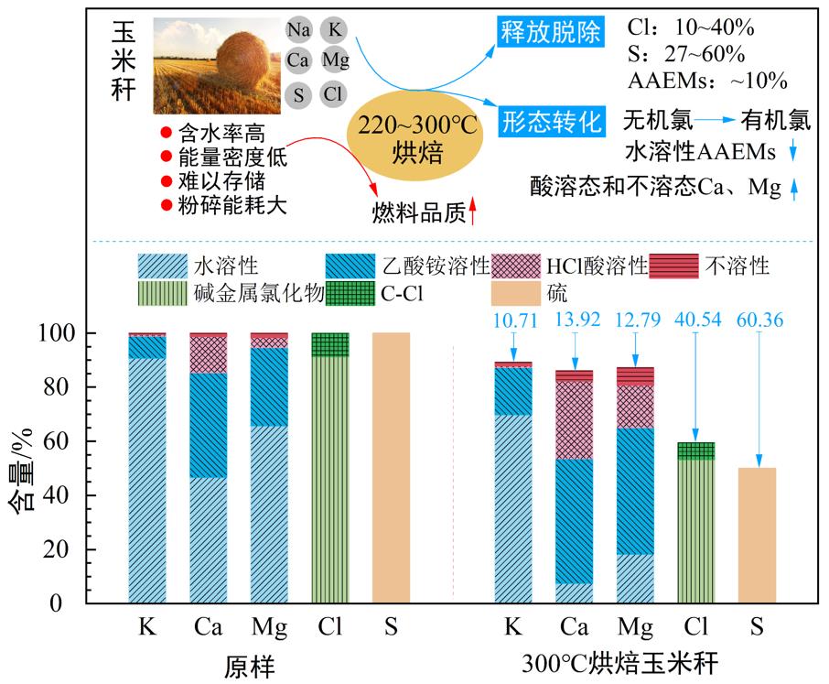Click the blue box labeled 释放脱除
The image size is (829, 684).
[551, 33]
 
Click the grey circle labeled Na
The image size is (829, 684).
[298, 29]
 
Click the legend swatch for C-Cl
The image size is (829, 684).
[353, 294]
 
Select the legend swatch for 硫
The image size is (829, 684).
[517, 294]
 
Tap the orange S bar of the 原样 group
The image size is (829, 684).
[391, 467]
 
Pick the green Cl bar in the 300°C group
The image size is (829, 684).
[695, 531]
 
